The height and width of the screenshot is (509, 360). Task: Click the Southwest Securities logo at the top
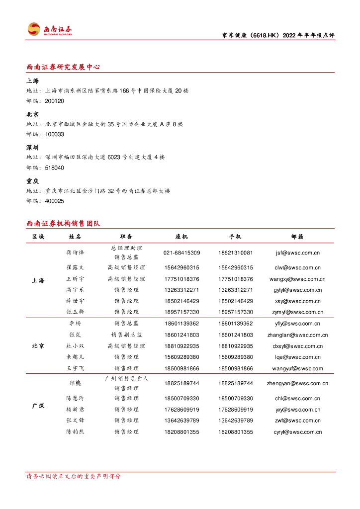pyautogui.click(x=49, y=29)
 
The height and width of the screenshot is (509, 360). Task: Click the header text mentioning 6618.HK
pyautogui.click(x=277, y=35)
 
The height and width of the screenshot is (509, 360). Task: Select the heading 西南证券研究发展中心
pyautogui.click(x=63, y=67)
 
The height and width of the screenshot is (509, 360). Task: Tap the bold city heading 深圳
pyautogui.click(x=32, y=148)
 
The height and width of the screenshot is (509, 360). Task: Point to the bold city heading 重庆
pyautogui.click(x=32, y=181)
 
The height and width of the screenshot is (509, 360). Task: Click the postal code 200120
pyautogui.click(x=54, y=101)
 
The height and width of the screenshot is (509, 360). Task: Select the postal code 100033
pyautogui.click(x=54, y=134)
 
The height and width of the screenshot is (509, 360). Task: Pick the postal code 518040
pyautogui.click(x=54, y=168)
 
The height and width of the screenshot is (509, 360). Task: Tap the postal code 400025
pyautogui.click(x=54, y=201)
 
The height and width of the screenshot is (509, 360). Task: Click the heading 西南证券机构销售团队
pyautogui.click(x=63, y=224)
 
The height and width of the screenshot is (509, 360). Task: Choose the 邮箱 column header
pyautogui.click(x=297, y=237)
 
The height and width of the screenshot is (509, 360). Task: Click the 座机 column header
pyautogui.click(x=181, y=237)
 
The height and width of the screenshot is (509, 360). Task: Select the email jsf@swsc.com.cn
pyautogui.click(x=297, y=253)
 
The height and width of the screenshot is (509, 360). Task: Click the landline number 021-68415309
pyautogui.click(x=181, y=253)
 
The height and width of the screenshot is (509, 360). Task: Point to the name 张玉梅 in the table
pyautogui.click(x=75, y=312)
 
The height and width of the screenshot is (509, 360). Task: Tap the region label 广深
pyautogui.click(x=38, y=406)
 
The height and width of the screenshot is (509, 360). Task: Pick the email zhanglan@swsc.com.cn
pyautogui.click(x=297, y=335)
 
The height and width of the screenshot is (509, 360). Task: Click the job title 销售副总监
pyautogui.click(x=126, y=335)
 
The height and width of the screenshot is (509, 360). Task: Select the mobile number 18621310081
pyautogui.click(x=235, y=253)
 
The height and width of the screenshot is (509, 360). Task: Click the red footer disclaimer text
pyautogui.click(x=73, y=476)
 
